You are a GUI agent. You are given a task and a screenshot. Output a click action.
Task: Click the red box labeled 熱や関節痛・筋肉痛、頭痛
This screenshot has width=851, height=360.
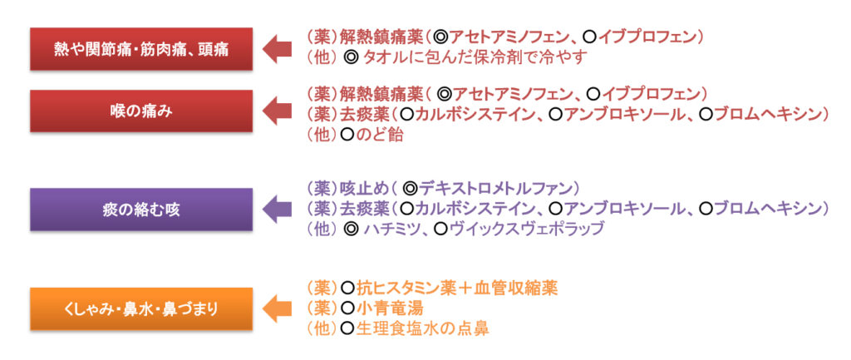point(141,49)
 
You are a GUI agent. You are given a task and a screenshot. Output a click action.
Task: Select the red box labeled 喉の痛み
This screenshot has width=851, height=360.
point(141,111)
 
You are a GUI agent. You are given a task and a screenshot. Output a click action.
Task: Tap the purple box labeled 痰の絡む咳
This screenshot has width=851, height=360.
point(141,210)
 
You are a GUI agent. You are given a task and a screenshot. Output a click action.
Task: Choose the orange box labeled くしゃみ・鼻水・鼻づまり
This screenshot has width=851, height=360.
point(141,309)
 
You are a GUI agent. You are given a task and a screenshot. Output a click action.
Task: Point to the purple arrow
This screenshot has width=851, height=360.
point(277,210)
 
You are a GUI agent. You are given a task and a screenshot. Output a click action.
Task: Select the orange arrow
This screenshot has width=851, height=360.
point(277,309)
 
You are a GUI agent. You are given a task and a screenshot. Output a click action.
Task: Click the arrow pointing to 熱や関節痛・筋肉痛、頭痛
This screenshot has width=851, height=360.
point(277,49)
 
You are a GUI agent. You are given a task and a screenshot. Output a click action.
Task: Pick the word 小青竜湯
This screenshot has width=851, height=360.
point(389,308)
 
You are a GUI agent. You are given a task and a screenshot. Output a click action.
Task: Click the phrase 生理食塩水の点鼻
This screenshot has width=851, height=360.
point(421,328)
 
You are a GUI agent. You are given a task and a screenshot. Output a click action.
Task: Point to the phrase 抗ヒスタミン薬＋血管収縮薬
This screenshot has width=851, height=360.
point(457,288)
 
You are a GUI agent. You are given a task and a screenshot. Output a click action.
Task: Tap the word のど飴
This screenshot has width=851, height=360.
point(379,135)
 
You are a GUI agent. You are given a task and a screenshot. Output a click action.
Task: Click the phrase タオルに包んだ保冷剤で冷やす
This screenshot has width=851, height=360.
point(475,57)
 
